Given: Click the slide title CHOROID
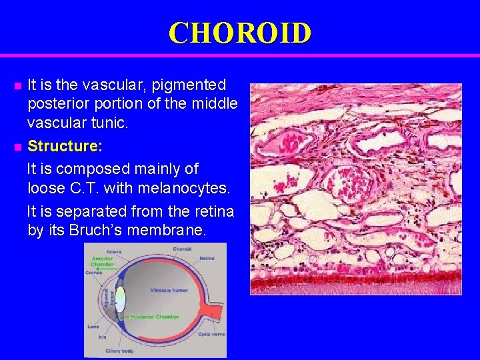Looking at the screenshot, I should point(239,33).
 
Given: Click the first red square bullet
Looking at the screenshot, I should point(18,86).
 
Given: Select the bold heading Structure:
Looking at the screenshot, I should point(64,145).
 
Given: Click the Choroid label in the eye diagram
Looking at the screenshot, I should point(181,249).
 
